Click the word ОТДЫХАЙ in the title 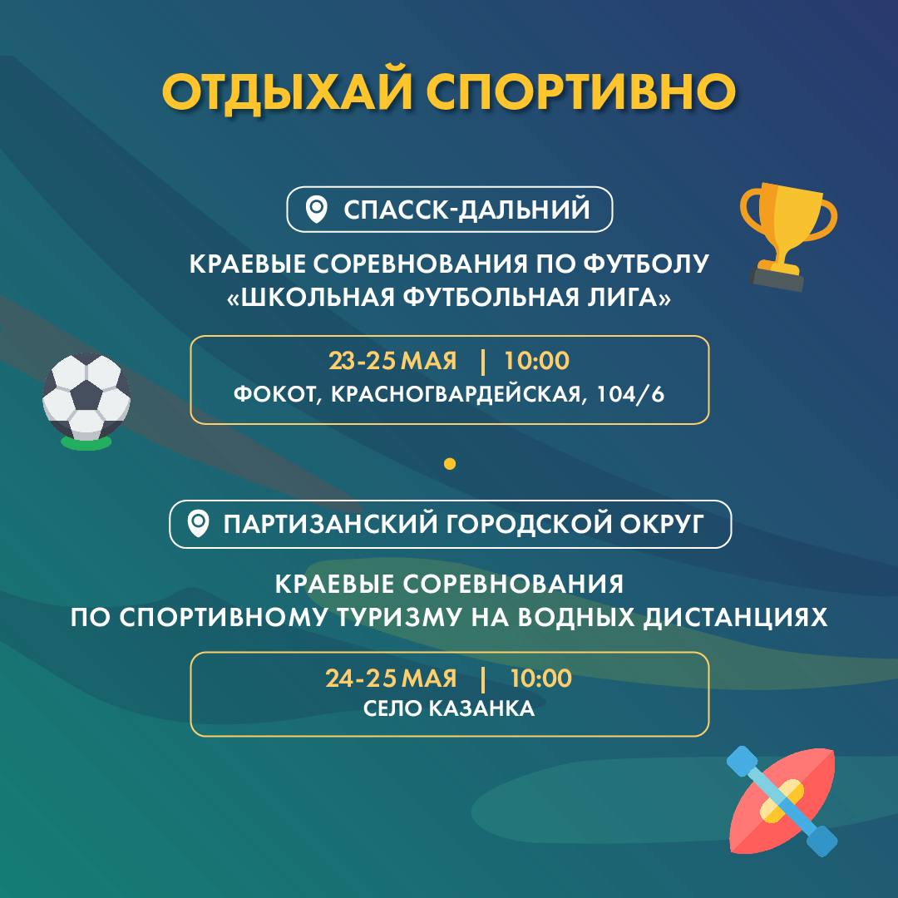pyautogui.click(x=287, y=91)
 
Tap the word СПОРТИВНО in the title pyautogui.click(x=580, y=91)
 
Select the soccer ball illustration pyautogui.click(x=86, y=397)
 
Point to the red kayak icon pyautogui.click(x=782, y=801)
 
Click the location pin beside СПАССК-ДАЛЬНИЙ pyautogui.click(x=316, y=210)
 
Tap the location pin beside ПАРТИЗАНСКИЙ pyautogui.click(x=198, y=524)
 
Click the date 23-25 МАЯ pyautogui.click(x=392, y=361)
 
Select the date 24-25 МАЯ pyautogui.click(x=391, y=678)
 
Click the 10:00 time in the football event pyautogui.click(x=536, y=361)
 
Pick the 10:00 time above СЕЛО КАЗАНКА pyautogui.click(x=540, y=678)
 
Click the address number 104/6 pyautogui.click(x=630, y=394)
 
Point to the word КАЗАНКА pyautogui.click(x=481, y=709)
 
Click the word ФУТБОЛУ pyautogui.click(x=646, y=264)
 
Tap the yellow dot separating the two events pyautogui.click(x=450, y=463)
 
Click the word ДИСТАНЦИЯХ pyautogui.click(x=735, y=617)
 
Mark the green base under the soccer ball pyautogui.click(x=86, y=442)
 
